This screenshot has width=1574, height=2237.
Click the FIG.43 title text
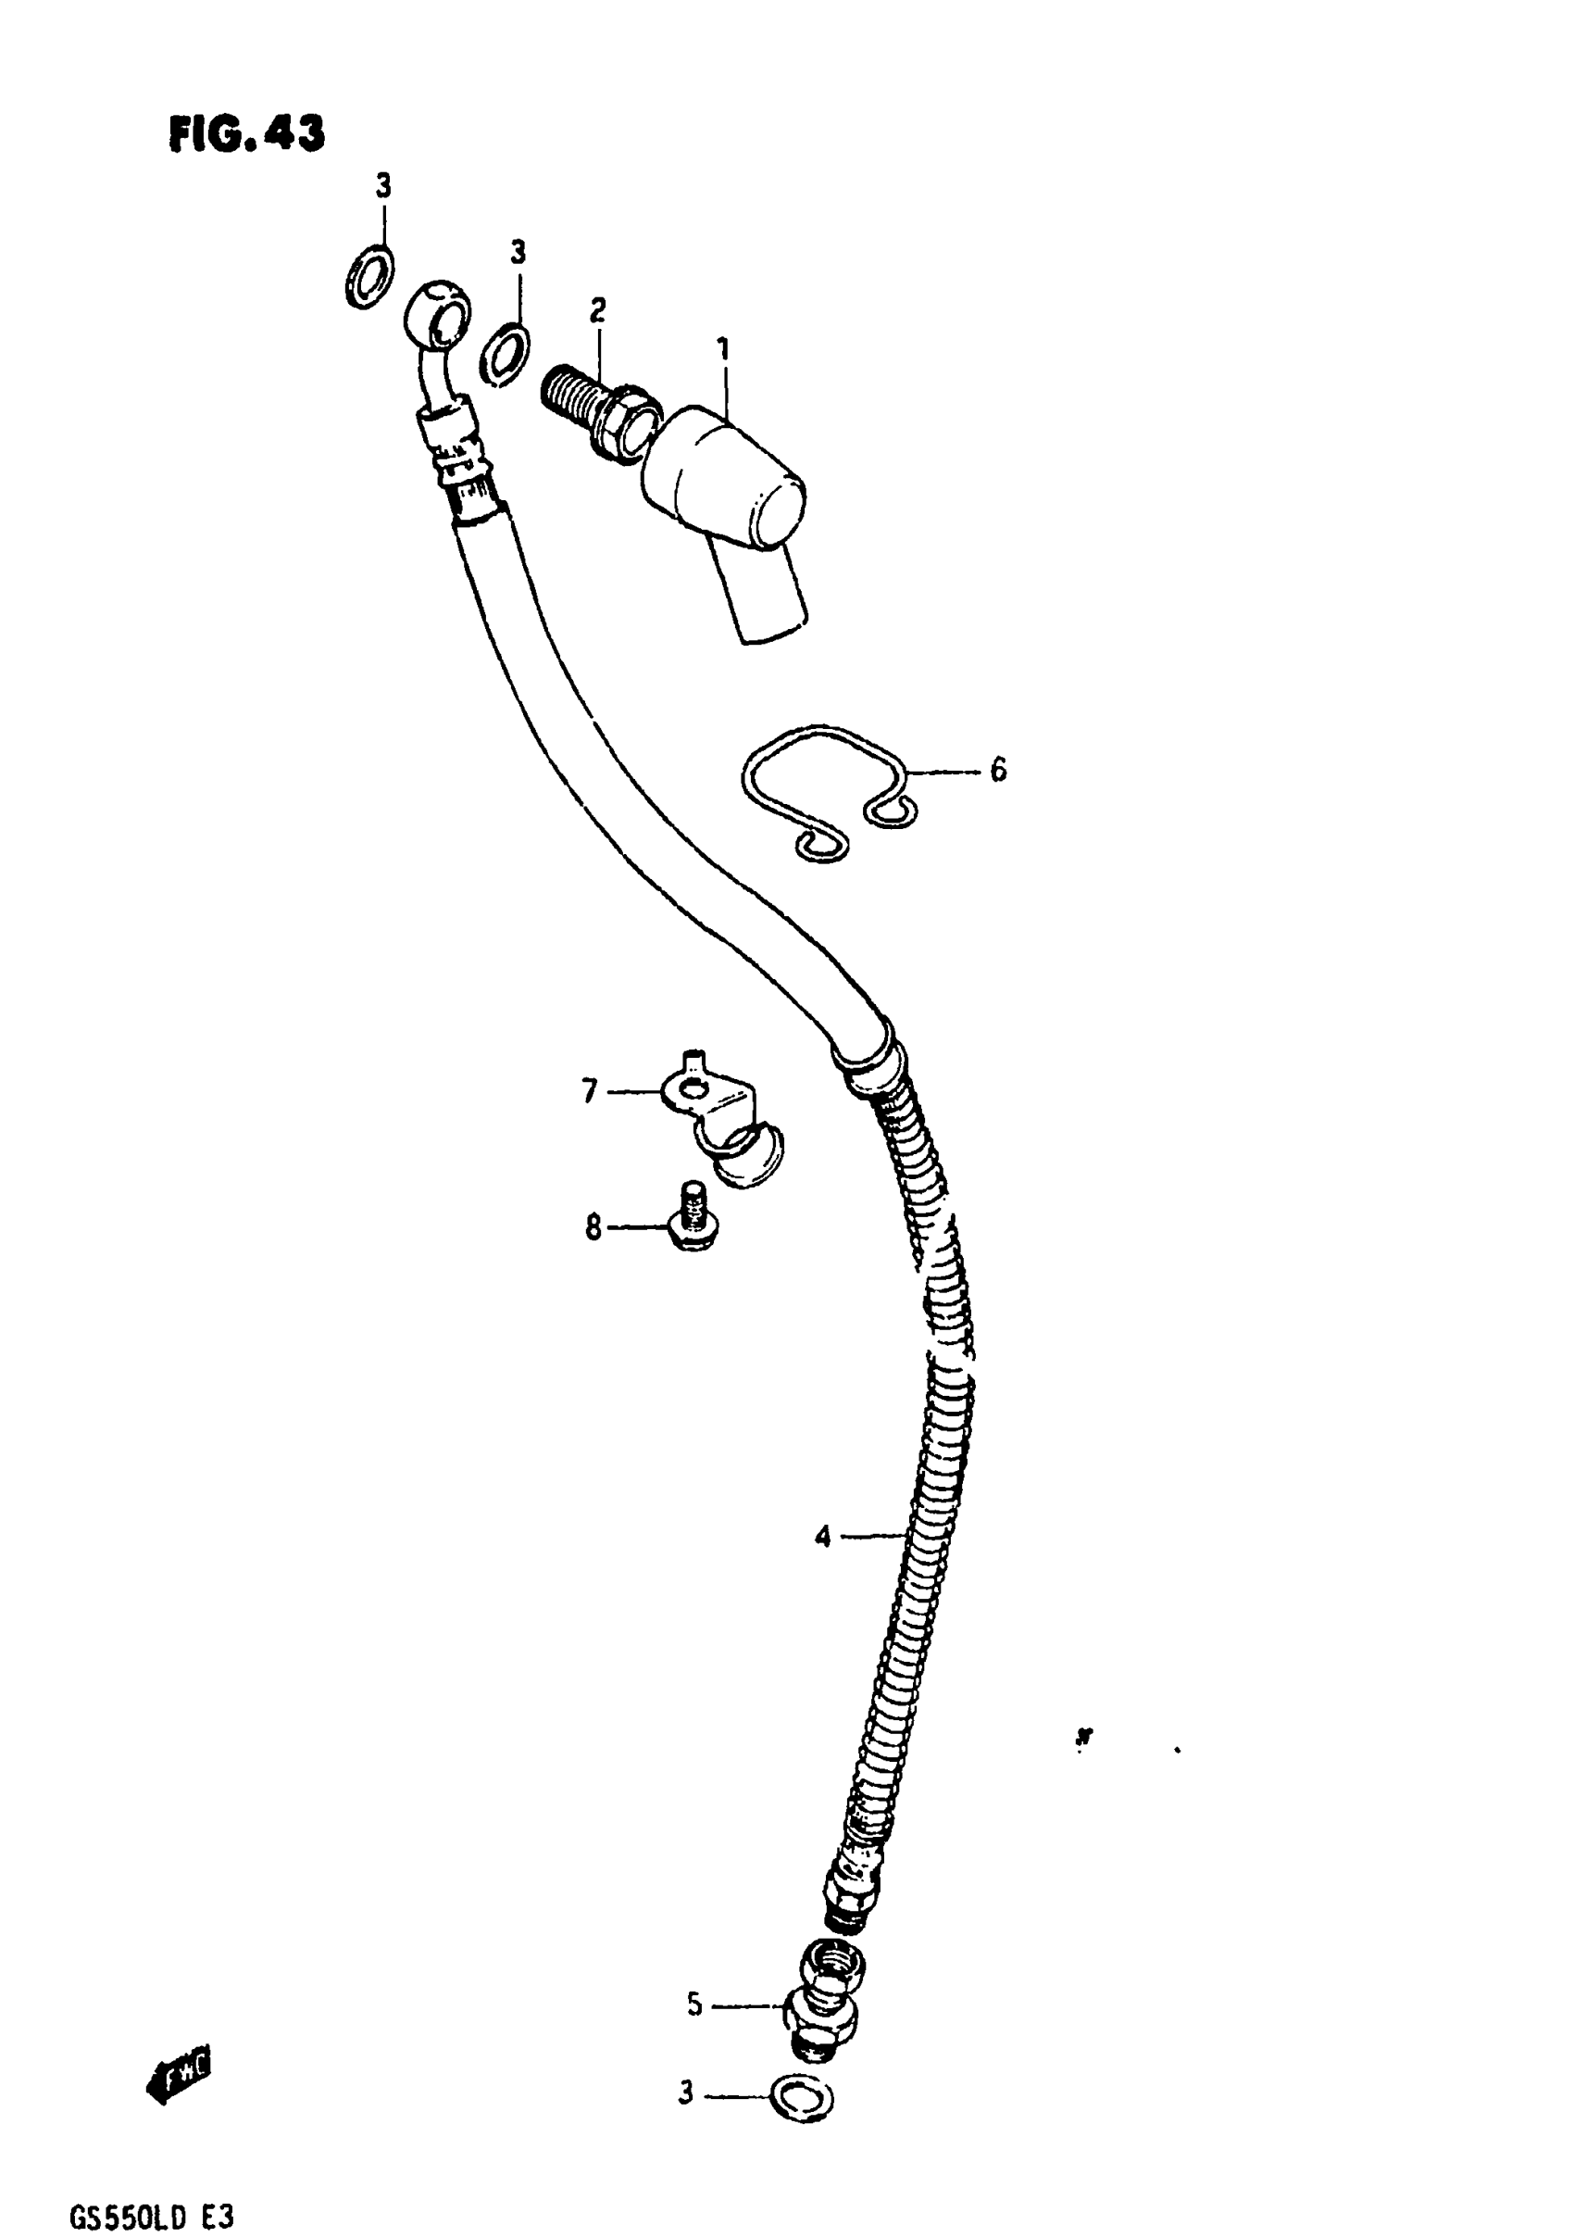pos(246,133)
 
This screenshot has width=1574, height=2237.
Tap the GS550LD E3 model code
pos(151,2218)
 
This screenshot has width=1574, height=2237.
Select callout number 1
pos(723,348)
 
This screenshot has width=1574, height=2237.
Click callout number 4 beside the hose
pos(823,1538)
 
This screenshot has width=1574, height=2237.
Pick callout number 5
pos(693,2005)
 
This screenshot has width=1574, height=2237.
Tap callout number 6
pos(998,771)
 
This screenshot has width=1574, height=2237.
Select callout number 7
pos(589,1091)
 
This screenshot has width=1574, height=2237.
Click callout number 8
pos(593,1227)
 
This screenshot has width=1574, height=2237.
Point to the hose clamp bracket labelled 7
pos(726,1121)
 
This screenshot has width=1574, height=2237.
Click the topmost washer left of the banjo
pos(370,277)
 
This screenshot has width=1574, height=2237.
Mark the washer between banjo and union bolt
pos(506,352)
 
